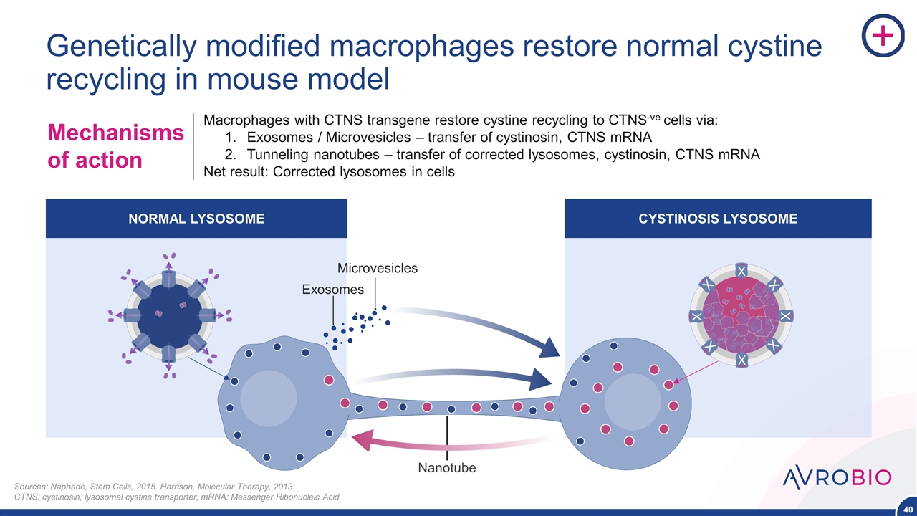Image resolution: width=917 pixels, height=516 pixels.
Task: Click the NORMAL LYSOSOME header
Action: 196,219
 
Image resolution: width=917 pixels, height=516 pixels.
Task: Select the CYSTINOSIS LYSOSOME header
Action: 718,219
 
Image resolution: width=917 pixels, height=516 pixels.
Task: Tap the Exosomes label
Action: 333,290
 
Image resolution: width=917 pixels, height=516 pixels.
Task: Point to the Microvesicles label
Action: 378,268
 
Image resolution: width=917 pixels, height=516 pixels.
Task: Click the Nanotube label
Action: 447,468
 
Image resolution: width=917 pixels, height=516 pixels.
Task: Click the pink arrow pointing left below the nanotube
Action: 373,439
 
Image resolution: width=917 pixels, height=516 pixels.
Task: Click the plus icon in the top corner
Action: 883,35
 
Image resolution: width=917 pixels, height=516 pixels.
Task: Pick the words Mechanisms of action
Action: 115,146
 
